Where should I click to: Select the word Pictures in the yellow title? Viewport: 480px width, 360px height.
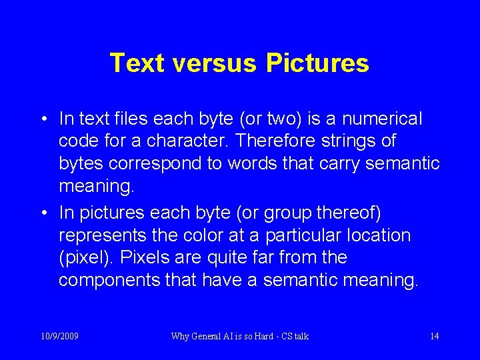pos(317,63)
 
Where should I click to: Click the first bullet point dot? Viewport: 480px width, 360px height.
pos(43,119)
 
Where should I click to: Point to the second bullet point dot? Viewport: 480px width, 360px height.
pos(43,213)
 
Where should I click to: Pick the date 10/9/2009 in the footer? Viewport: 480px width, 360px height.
pos(60,336)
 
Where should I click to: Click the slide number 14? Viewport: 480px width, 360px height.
pos(434,336)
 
